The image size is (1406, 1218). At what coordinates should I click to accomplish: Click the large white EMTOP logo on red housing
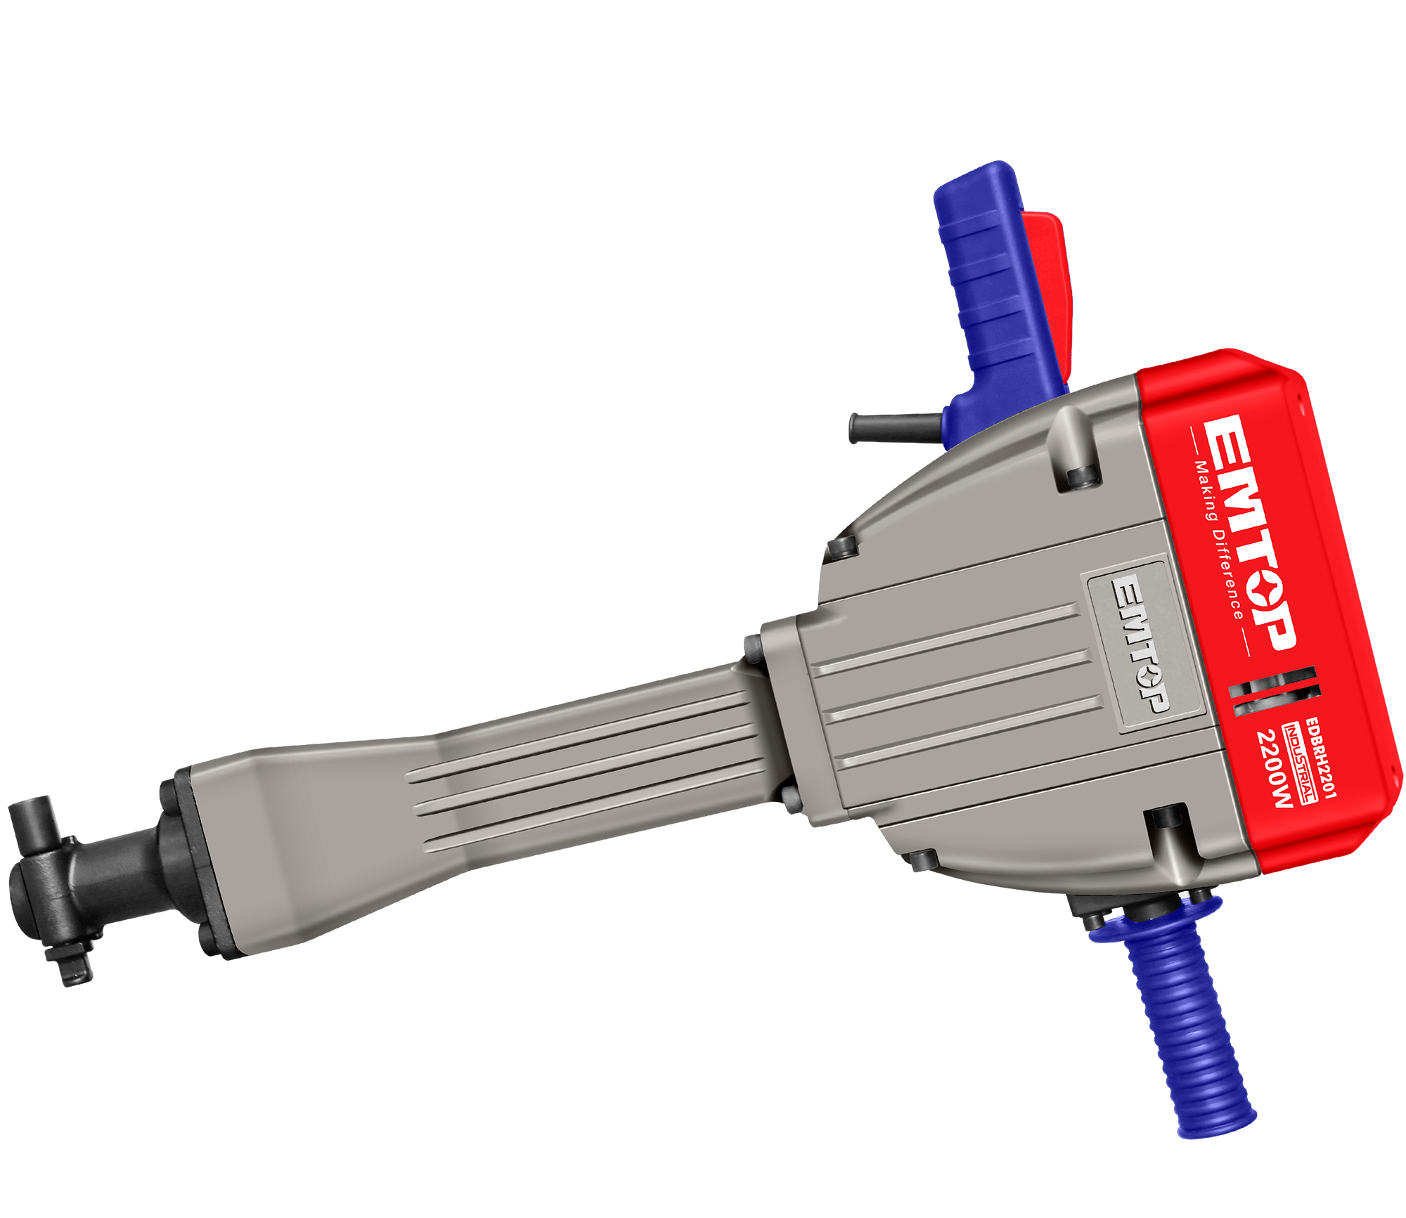[1251, 531]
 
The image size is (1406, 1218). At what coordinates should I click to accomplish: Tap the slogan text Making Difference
[1219, 540]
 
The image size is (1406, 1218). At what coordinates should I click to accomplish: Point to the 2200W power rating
[1275, 769]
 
